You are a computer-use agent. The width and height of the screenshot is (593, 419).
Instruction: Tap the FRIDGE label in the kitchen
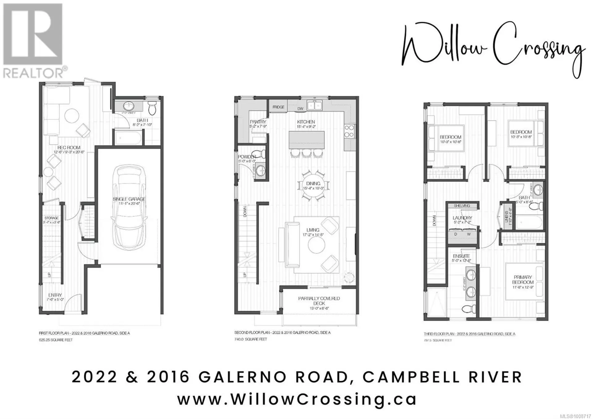(278, 107)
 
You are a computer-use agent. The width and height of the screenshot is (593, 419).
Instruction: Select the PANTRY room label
(258, 122)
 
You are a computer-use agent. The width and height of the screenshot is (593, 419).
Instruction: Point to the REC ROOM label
(69, 148)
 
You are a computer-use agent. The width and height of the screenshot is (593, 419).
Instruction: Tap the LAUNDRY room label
(462, 218)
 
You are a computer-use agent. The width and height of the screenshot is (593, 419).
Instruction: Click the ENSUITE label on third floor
(461, 256)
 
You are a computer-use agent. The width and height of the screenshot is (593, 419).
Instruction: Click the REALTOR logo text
(33, 74)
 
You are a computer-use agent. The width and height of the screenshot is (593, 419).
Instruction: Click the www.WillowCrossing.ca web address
(297, 399)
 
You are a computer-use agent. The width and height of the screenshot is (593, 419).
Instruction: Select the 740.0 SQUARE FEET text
(250, 339)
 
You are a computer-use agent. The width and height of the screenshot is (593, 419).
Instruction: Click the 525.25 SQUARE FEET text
(56, 340)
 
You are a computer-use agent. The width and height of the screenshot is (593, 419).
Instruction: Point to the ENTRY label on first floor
(55, 295)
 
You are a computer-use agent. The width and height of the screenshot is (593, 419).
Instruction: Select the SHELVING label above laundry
(462, 206)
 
